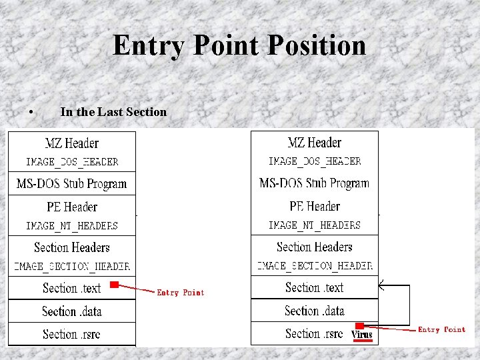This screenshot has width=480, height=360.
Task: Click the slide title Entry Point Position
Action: pos(239,45)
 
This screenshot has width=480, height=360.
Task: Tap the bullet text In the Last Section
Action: pos(113,112)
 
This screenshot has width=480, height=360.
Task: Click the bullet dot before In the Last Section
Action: pos(32,112)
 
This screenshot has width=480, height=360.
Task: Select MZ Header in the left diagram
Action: pos(71,143)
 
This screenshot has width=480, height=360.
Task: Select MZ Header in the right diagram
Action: pos(314,143)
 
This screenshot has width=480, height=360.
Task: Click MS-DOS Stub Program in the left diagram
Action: pos(71,184)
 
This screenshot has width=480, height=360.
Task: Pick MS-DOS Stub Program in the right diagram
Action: pos(314,183)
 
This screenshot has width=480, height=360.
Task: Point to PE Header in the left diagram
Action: pos(72,207)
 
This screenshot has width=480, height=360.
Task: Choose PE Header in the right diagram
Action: pos(315,206)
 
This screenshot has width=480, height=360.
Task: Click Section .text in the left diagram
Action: pos(71,288)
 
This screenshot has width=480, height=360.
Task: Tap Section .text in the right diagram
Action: pos(314,287)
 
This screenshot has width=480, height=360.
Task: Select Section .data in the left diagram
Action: pos(71,311)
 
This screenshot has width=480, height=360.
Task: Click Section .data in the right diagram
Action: pos(314,311)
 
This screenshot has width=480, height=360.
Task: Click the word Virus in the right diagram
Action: pos(362,335)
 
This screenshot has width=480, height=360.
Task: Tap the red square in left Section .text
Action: pos(114,285)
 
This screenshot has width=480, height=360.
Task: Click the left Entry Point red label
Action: pos(180,293)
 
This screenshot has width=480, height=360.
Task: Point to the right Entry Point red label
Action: pos(441,329)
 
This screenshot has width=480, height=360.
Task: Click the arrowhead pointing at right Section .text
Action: pos(381,286)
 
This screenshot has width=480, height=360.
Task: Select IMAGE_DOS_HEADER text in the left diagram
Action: pos(72,162)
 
